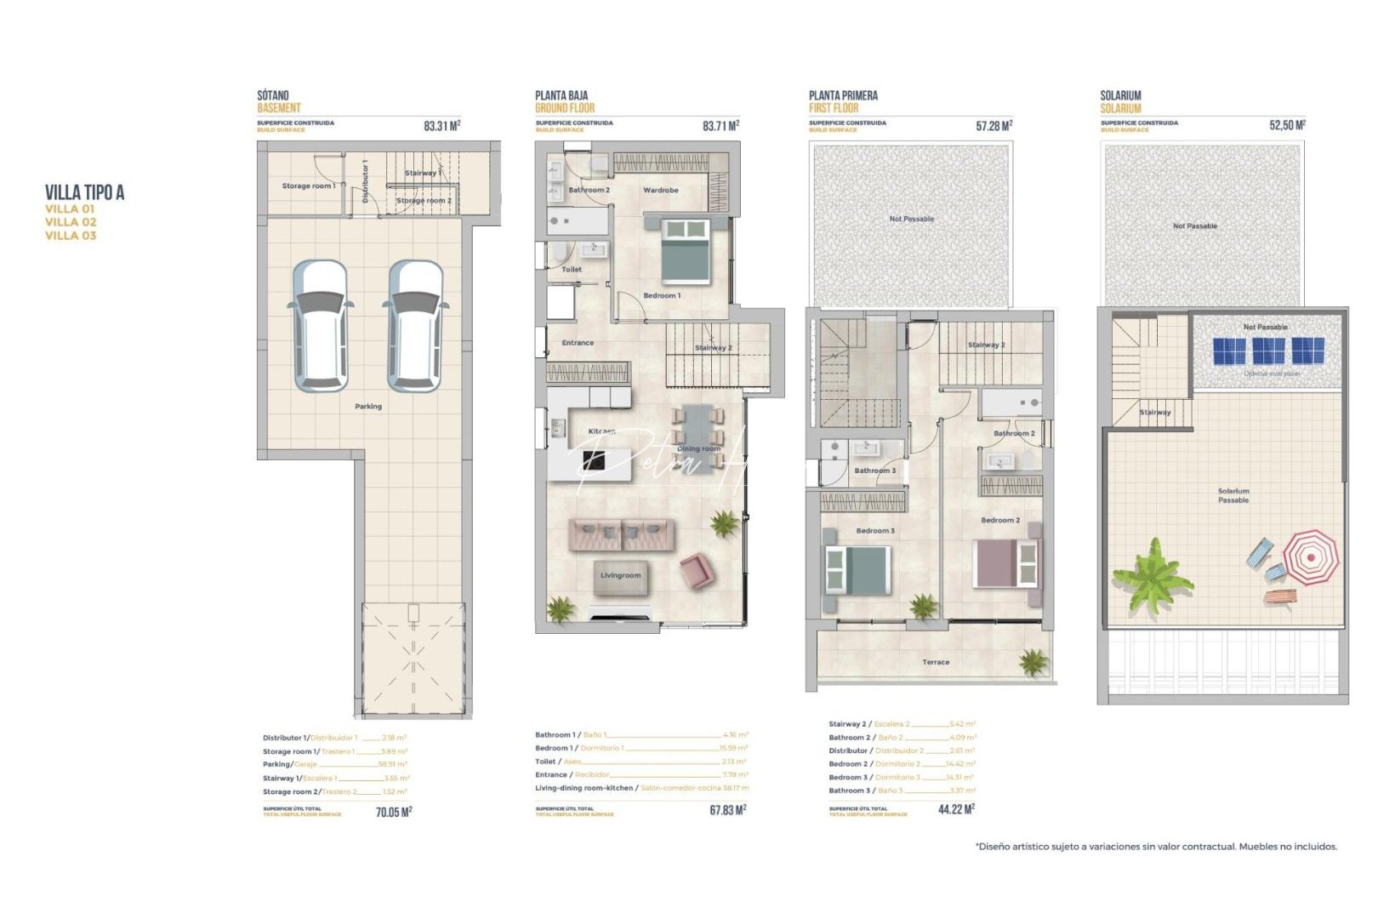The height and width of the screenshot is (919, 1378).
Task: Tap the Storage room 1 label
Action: click(x=308, y=186)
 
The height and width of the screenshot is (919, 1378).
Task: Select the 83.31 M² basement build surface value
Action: click(x=441, y=126)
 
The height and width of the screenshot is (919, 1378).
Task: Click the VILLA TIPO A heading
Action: click(x=84, y=193)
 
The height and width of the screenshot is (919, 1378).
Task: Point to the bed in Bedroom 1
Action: click(x=686, y=250)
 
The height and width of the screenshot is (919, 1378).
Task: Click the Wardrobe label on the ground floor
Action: click(x=661, y=191)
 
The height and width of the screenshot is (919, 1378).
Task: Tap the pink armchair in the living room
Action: click(x=697, y=570)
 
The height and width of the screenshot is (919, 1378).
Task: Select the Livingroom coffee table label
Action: click(x=620, y=576)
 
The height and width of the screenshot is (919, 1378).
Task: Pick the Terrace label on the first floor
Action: click(x=936, y=662)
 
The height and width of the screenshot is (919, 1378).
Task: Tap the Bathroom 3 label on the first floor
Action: click(x=874, y=471)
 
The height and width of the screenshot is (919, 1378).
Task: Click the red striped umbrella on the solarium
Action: click(x=1310, y=557)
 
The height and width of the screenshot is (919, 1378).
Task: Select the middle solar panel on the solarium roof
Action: click(x=1268, y=351)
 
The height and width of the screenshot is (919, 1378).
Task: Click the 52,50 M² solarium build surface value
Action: click(x=1287, y=125)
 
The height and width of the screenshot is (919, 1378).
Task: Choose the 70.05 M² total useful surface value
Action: click(x=394, y=813)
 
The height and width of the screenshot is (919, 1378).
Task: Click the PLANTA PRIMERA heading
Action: click(x=843, y=95)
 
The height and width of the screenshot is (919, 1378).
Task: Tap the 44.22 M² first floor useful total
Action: click(x=956, y=809)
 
